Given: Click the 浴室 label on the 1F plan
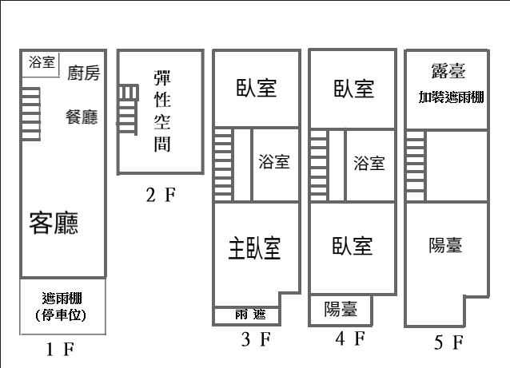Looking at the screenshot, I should pos(42,62).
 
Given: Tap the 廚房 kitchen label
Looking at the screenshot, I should pos(84,74).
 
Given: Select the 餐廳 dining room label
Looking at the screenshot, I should pos(82,117).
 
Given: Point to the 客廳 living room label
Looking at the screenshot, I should pos(54,223).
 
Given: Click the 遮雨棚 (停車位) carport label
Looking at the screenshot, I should pos(62,307).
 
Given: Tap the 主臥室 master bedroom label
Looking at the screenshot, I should pos(255,248).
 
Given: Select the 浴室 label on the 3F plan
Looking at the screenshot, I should pos(274,162).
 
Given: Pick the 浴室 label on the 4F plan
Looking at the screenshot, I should pos(369,163).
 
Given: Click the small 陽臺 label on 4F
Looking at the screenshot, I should pos(341,309).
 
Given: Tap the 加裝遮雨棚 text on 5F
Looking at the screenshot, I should pos(448,98).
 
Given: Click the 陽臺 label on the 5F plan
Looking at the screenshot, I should pos(445,245).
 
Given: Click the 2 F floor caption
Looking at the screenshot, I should pos(160,194).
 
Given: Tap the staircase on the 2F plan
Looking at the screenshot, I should pos(128,109).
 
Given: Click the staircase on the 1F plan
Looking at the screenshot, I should pos(30,112).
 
